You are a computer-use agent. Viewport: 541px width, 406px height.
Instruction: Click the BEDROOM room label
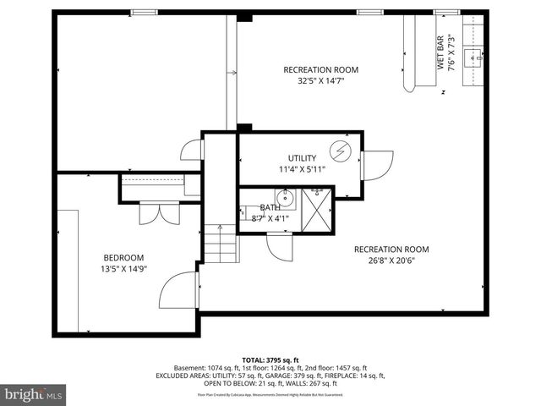123,258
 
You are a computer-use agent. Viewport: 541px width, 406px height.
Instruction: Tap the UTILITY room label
302,158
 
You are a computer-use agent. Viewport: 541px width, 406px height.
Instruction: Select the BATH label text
270,207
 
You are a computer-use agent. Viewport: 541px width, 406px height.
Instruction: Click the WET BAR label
440,52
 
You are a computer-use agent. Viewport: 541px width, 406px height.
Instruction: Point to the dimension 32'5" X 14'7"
320,82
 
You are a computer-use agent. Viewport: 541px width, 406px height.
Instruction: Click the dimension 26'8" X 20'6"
391,261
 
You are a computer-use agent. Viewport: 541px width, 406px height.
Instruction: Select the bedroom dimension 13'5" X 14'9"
123,270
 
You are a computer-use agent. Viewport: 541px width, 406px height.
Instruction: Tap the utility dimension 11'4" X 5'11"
302,169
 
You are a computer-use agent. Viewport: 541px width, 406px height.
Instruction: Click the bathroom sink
286,200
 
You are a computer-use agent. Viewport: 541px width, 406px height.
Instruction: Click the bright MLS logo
34,394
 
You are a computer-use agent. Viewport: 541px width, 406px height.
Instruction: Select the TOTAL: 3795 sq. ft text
270,359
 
